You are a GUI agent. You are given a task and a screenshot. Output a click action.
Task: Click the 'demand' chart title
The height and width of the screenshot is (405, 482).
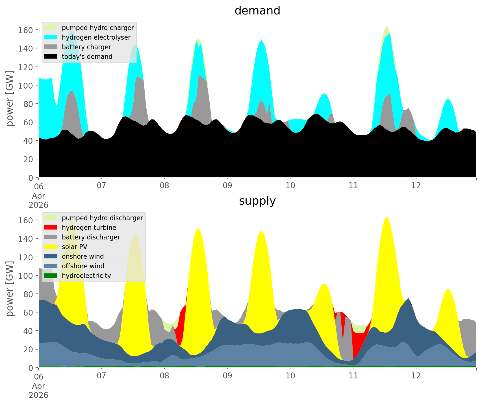[x=257, y=11]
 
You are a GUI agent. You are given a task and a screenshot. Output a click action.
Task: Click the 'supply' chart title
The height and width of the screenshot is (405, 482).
[x=257, y=201]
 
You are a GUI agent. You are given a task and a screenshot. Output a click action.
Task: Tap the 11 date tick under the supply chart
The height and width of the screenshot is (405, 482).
[x=353, y=376]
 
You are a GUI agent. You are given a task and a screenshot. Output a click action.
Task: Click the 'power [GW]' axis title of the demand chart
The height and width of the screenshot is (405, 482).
[x=10, y=98]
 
